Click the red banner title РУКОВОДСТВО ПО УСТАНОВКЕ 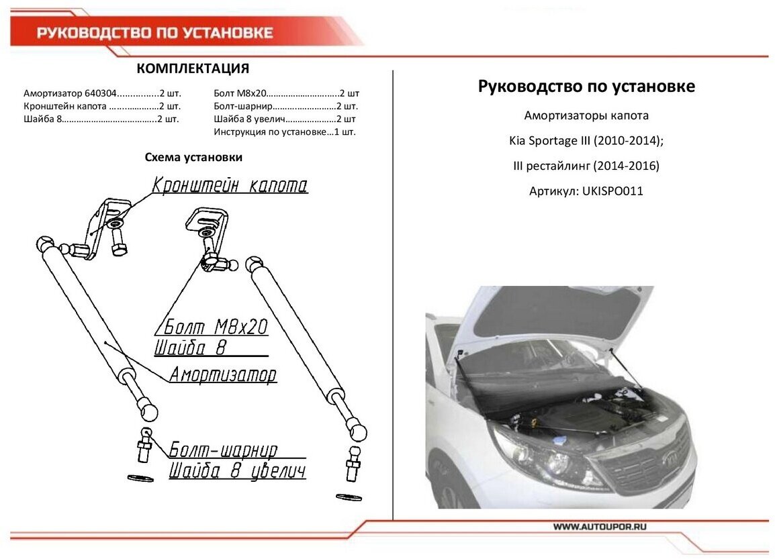click(x=154, y=34)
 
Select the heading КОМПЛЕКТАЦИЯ click(x=193, y=68)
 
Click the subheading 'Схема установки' click(x=193, y=157)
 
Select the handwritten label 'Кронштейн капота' click(x=230, y=185)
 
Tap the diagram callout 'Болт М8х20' click(x=213, y=327)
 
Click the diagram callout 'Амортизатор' click(x=222, y=374)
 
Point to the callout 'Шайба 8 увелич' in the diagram click(x=237, y=470)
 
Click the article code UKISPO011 click(x=613, y=191)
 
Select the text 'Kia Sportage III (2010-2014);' click(x=586, y=141)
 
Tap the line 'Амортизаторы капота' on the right click(x=586, y=115)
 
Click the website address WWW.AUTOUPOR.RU click(x=600, y=527)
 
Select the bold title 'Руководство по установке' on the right click(x=586, y=87)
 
